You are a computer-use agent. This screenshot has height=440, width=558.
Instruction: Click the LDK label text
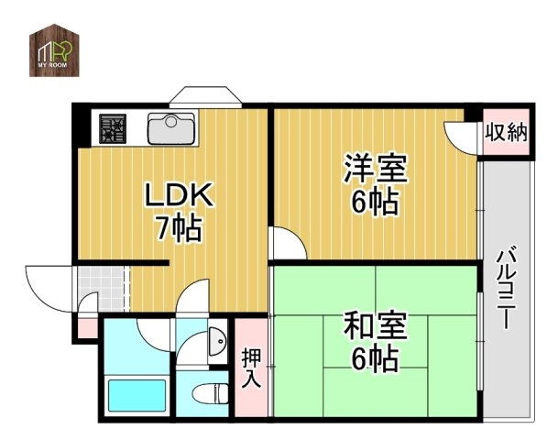click(x=179, y=194)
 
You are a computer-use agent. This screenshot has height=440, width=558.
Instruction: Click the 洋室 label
click(x=376, y=170)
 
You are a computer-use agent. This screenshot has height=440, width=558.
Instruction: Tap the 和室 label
click(x=376, y=326)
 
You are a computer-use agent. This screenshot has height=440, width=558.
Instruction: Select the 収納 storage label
click(x=505, y=134)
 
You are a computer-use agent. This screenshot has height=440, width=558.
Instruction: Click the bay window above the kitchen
click(x=204, y=95)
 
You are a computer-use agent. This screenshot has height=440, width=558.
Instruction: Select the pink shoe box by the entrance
click(x=87, y=326)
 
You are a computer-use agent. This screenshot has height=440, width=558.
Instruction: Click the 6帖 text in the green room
click(x=376, y=359)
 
